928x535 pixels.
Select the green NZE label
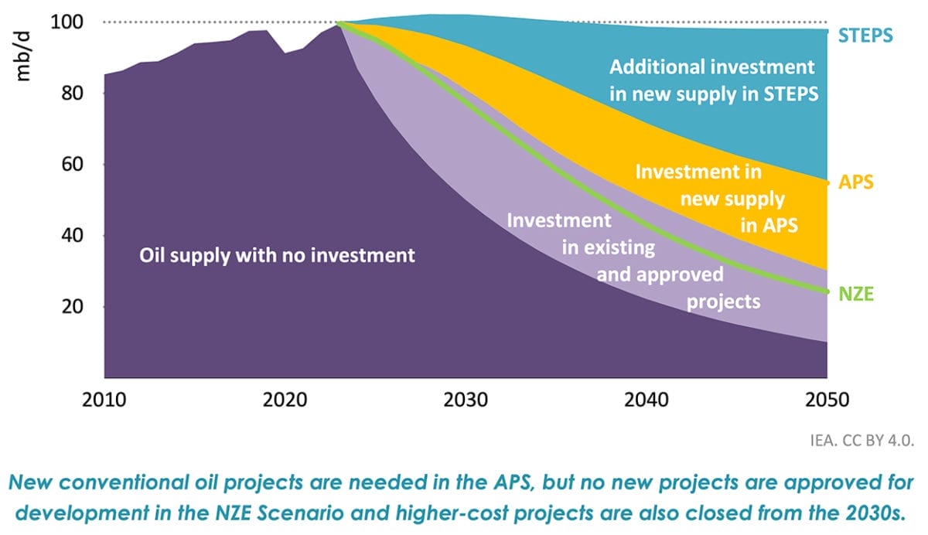[x=857, y=294]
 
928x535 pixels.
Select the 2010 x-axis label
[x=104, y=400]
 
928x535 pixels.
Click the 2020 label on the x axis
[x=285, y=400]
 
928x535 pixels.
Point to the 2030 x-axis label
[x=466, y=400]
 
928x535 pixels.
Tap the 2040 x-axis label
[x=647, y=400]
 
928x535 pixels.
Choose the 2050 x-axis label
[x=827, y=400]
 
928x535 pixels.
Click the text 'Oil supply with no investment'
[x=277, y=254]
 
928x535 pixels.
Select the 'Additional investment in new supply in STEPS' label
[x=712, y=80]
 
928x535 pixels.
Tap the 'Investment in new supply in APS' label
[x=715, y=199]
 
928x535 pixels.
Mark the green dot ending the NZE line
[x=827, y=291]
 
